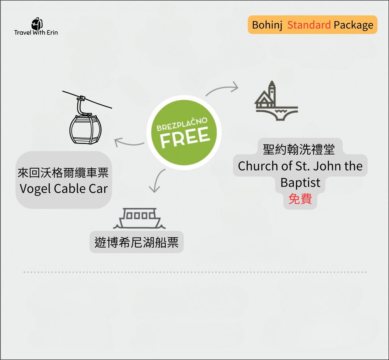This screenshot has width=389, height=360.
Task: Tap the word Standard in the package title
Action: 309,25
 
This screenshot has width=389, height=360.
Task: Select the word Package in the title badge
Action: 353,25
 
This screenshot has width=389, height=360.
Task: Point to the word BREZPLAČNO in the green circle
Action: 182,124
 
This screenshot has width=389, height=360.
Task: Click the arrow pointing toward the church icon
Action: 223,89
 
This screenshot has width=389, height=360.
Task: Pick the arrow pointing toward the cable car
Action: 129,143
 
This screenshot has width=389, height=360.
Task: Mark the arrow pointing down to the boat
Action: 157,181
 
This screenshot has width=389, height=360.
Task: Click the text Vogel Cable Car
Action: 63,189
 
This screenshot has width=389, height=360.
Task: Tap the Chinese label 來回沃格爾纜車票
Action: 63,173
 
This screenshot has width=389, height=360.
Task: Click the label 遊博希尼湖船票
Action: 137,242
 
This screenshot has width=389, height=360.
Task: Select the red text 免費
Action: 300,199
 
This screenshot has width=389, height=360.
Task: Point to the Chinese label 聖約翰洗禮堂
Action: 298,149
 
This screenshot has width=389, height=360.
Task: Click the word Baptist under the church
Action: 300,183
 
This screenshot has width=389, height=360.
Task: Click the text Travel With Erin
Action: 36,32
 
